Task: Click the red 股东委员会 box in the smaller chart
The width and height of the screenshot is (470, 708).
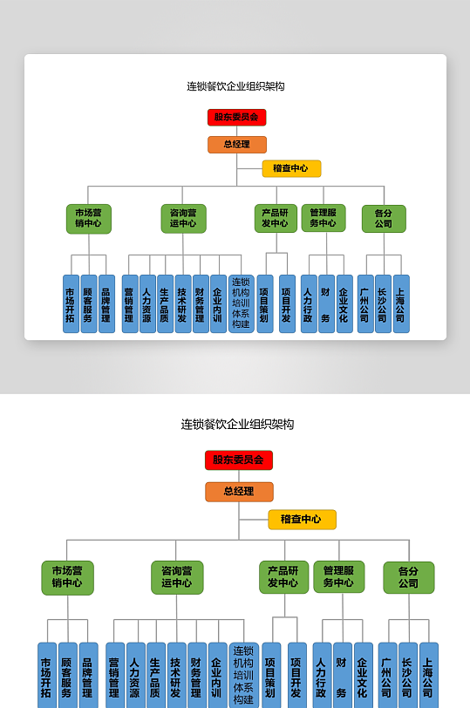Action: coord(236,117)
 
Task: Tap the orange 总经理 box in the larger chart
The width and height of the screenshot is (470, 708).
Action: coord(239,492)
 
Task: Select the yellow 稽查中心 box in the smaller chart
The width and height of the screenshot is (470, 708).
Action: coord(291,168)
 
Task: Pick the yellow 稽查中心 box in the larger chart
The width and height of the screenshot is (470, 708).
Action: coord(302,520)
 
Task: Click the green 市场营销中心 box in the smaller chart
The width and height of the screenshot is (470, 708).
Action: coord(88,218)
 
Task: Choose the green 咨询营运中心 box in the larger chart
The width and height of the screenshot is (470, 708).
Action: coord(176,577)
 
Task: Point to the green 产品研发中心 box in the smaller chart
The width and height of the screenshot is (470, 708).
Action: coord(276,218)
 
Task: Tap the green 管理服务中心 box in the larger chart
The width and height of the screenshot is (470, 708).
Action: coord(338,577)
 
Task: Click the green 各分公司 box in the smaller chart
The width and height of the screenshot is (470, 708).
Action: coord(384,218)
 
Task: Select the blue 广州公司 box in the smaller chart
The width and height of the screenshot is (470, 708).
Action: coord(364,303)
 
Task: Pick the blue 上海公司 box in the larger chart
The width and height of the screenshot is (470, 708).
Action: coord(428,675)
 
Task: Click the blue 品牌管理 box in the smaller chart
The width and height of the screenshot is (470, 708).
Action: coord(106,303)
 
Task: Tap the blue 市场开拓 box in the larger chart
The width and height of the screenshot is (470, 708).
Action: coord(46,675)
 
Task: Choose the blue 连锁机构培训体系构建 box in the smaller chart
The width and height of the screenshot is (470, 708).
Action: coord(241,303)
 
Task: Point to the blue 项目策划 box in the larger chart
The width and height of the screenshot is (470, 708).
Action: coord(271,675)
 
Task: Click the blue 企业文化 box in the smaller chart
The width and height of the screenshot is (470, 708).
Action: coord(344,303)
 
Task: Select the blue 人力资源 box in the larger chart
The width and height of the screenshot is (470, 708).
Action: coord(135,675)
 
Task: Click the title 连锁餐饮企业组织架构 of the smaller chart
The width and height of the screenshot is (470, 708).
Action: coord(235,86)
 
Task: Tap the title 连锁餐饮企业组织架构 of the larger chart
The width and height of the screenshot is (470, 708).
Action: coord(237,425)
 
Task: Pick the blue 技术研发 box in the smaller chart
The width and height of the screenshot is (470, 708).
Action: coord(182,303)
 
